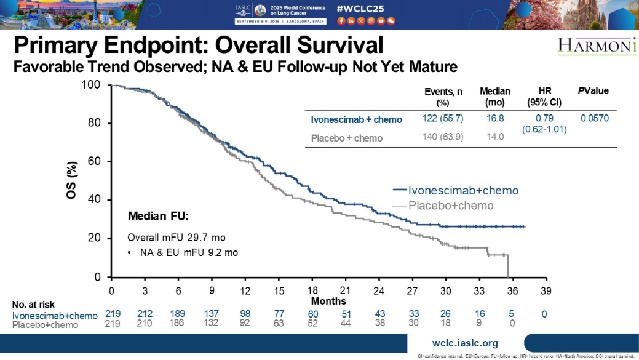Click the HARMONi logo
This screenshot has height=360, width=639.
(x=597, y=47)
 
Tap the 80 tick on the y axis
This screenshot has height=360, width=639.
(x=96, y=123)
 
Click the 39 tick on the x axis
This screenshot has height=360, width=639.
(x=546, y=290)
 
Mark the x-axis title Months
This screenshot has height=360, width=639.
(x=328, y=301)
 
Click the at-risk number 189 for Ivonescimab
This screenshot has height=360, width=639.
(x=178, y=314)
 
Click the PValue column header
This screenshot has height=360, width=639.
(x=593, y=91)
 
